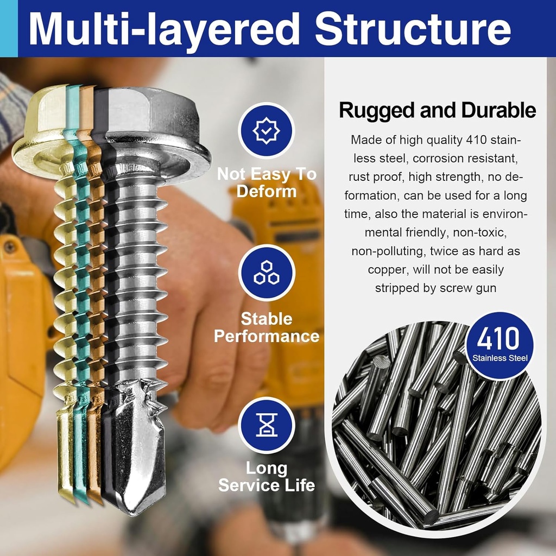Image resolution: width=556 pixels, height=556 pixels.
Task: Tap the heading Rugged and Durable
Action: coord(437,110)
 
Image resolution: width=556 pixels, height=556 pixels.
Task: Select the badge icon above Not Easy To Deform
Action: coord(266,130)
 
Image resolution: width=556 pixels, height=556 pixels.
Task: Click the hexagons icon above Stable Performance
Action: coord(266,273)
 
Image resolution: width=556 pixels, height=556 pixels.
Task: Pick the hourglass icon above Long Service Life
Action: coord(266,425)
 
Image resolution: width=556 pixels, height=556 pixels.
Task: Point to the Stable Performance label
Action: coord(266,327)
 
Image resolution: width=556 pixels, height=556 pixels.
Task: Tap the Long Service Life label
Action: coord(266,476)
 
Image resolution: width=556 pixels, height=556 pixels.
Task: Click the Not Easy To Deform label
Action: coord(266,182)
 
